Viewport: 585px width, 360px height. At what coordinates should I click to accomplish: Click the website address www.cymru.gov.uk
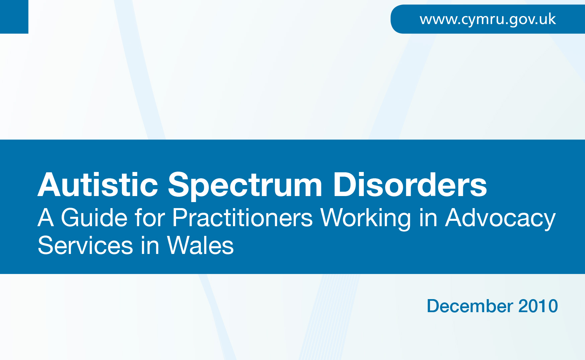488,19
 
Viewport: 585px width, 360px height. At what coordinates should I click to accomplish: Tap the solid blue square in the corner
14,17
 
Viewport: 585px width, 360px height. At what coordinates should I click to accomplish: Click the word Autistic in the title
98,185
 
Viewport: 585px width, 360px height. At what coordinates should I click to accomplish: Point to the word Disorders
410,185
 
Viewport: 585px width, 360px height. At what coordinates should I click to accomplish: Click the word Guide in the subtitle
94,218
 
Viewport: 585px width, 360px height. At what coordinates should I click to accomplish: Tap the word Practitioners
243,218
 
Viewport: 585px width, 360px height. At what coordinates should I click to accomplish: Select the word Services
85,246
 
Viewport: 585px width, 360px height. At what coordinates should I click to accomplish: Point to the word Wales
200,246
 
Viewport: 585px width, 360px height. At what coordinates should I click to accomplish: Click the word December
470,306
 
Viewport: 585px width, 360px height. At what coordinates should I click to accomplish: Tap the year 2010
538,306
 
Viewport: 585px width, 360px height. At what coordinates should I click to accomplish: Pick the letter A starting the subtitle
46,218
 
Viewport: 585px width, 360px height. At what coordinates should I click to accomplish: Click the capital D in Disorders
345,185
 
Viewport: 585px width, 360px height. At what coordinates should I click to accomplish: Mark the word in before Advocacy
428,218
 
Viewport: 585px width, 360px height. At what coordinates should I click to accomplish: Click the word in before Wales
150,246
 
